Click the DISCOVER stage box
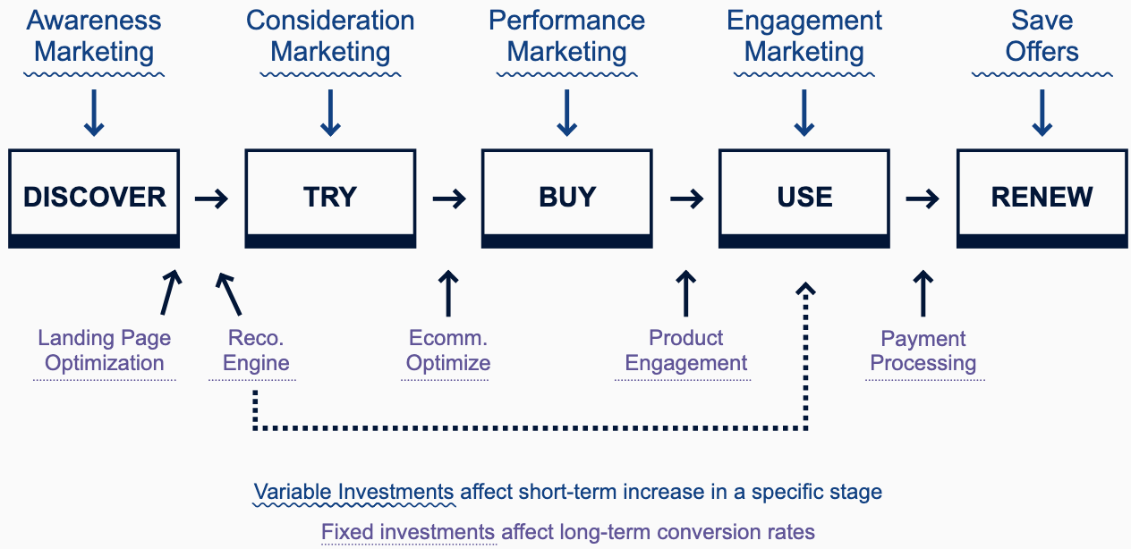[94, 197]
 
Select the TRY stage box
[330, 197]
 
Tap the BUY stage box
[567, 197]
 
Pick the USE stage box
[804, 197]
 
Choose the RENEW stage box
[1042, 197]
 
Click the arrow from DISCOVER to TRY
[212, 198]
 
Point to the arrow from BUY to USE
[686, 198]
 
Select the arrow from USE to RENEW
[923, 198]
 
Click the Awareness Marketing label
[94, 36]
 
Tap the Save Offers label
[1042, 36]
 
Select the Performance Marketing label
[567, 36]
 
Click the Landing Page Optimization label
[105, 351]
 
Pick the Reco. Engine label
[256, 351]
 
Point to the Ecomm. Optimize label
[447, 351]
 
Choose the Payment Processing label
[923, 351]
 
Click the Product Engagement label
[685, 351]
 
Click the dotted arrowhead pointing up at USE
[806, 291]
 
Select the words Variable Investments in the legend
[353, 492]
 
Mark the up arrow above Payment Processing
[923, 293]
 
